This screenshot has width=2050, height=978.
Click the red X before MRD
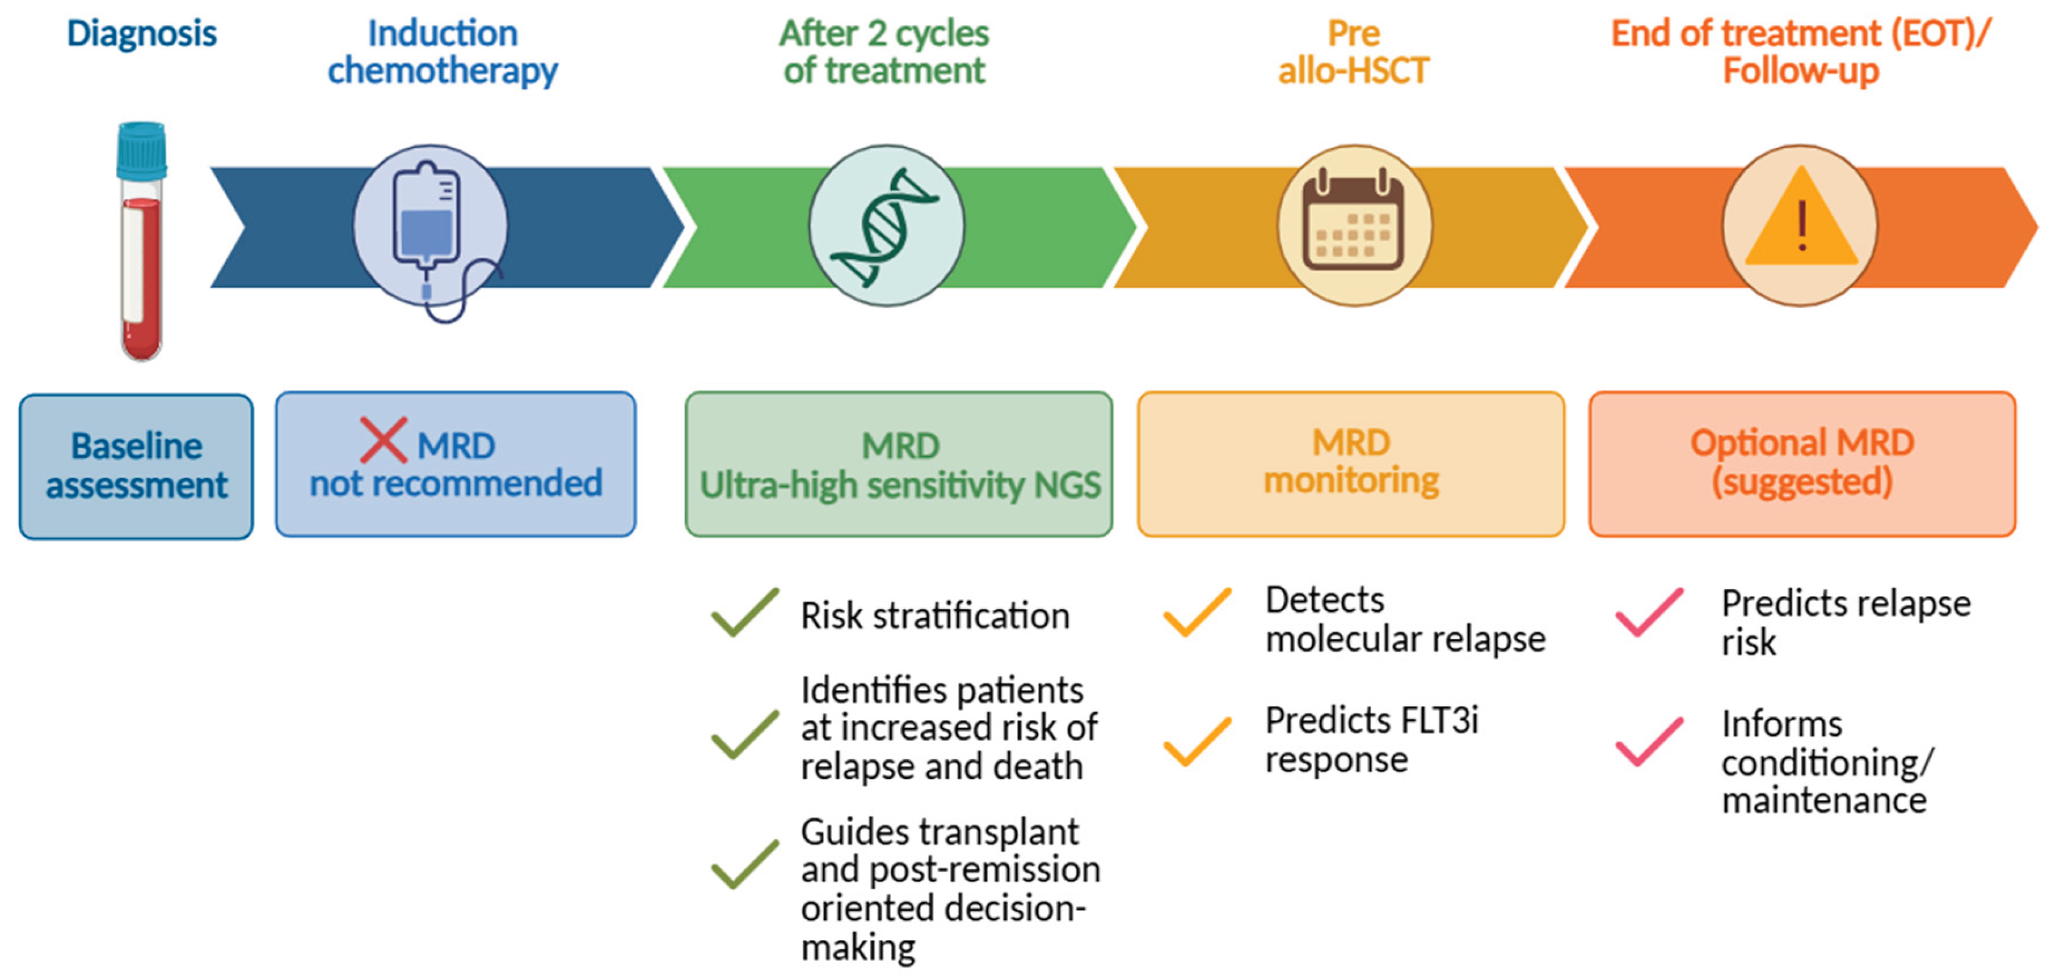coord(383,440)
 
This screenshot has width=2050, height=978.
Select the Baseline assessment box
coord(136,466)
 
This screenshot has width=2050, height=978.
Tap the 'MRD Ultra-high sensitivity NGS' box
coord(898,464)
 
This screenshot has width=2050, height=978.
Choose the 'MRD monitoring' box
coord(1351,464)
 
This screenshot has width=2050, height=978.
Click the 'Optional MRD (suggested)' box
coord(1802,464)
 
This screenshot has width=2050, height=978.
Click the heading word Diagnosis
coord(142,33)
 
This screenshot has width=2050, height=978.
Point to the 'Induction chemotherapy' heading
coord(442,52)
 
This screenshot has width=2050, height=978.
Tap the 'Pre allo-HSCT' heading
coord(1354,52)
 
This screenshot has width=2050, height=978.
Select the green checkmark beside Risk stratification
coord(745,612)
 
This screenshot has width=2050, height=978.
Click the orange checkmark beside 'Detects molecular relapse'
coord(1198,612)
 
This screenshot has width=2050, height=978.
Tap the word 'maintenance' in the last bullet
coord(1824,800)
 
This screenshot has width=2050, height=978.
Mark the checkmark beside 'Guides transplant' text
coord(745,864)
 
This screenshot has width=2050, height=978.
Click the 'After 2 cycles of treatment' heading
coord(884,52)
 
